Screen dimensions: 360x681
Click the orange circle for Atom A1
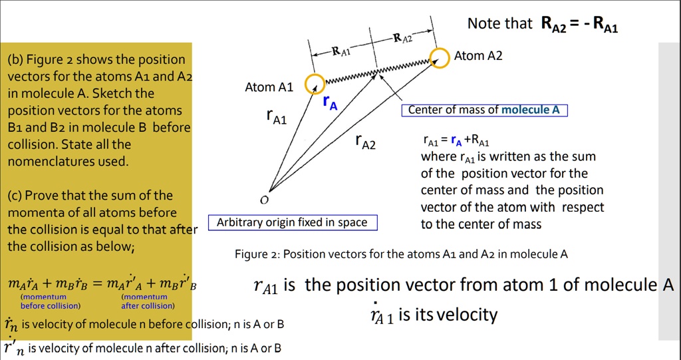315,84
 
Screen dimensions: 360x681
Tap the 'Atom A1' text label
269,87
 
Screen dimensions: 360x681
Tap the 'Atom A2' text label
478,56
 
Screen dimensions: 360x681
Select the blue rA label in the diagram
330,102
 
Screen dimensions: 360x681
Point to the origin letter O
264,200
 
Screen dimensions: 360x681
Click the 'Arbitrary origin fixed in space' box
292,222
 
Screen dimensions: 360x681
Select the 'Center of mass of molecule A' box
483,110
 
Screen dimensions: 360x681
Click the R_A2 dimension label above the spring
403,39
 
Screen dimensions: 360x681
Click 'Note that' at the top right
499,24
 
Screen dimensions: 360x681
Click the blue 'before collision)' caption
50,306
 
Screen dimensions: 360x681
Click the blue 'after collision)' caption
148,306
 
